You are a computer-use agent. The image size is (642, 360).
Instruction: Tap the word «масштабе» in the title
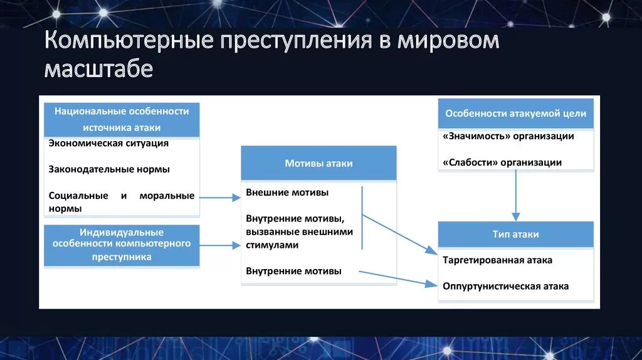coord(98,68)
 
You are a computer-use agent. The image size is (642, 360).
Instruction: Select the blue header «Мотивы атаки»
coord(318,164)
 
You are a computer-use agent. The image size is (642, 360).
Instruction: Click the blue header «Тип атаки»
coord(515,234)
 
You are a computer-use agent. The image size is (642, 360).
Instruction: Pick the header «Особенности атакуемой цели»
coord(515,114)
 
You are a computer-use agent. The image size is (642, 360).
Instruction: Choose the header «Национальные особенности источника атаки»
coord(122,119)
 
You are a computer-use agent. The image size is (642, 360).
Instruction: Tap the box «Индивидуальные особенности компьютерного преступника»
coord(122,245)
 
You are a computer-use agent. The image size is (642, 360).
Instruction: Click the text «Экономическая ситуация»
coord(108,143)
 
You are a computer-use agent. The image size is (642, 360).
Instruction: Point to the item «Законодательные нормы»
coord(109,169)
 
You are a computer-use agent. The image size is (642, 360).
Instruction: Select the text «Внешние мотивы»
coord(287,193)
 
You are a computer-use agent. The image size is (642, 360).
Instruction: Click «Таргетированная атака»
coord(497,260)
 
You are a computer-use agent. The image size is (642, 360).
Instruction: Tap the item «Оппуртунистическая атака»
coord(505,286)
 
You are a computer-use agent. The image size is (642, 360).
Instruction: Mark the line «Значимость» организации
coord(508,136)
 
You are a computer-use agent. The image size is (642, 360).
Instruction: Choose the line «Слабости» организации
coord(502,162)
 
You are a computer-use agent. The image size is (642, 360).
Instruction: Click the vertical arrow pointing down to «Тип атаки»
coord(515,195)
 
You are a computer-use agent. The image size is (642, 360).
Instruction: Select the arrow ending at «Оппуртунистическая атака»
coord(397,278)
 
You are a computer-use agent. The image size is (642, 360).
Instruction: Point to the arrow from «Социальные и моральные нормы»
coord(219,198)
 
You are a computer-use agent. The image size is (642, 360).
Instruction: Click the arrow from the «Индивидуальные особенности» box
coord(219,246)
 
